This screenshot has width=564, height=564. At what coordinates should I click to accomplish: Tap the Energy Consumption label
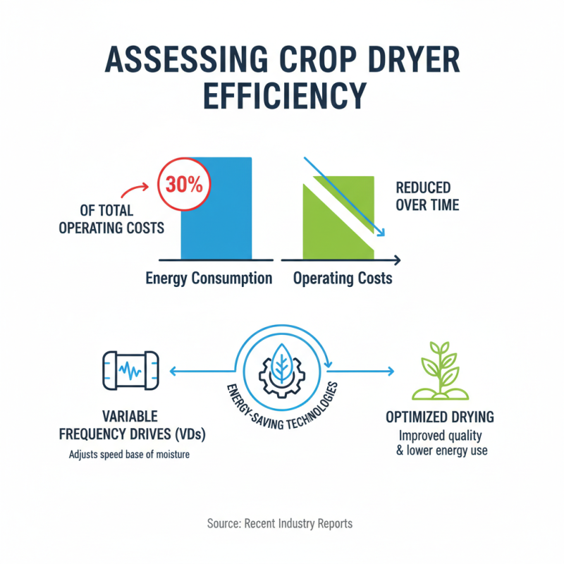coord(209,278)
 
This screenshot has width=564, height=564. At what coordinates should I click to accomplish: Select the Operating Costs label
coord(343,278)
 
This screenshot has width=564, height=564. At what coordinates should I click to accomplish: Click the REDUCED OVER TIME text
coord(427,197)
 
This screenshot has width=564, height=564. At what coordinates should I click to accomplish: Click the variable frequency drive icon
coord(130,369)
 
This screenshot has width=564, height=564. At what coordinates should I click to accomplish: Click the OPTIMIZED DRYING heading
coord(440,417)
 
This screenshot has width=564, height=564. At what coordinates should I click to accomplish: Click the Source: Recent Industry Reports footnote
coord(280,524)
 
